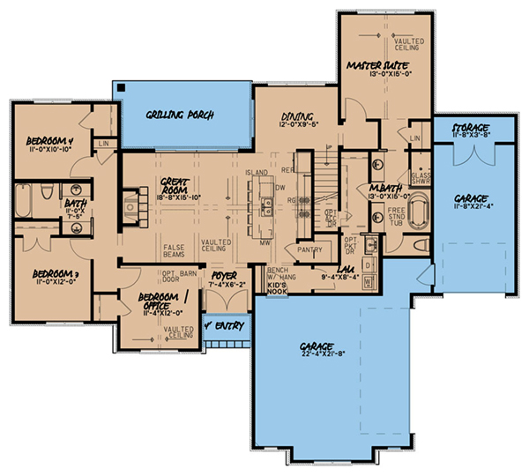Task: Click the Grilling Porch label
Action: pyautogui.click(x=183, y=115)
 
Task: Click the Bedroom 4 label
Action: pyautogui.click(x=50, y=141)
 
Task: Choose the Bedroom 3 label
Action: pyautogui.click(x=50, y=274)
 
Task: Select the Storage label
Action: pyautogui.click(x=470, y=129)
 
